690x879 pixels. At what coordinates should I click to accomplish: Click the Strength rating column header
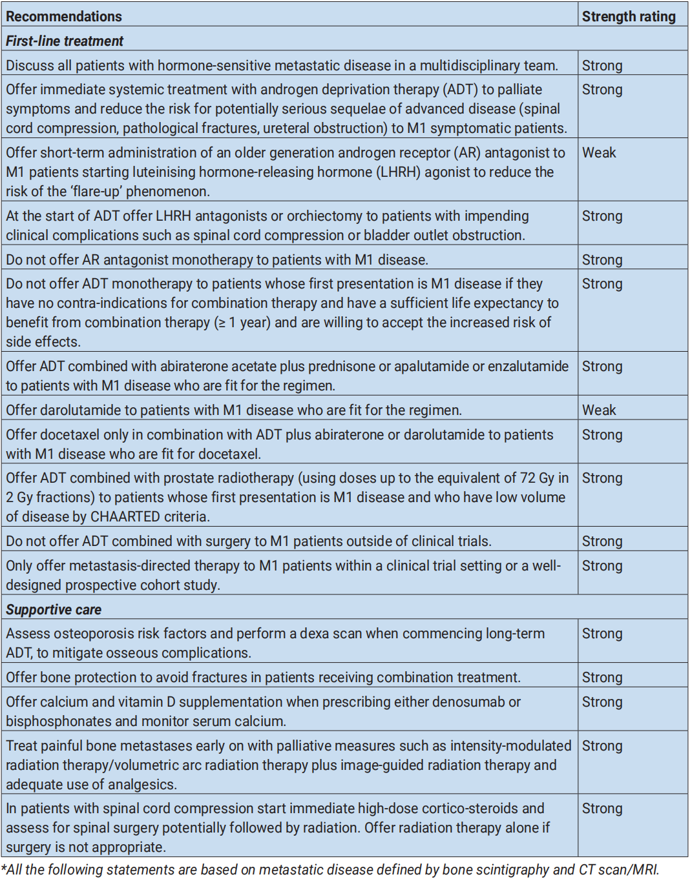[x=628, y=17]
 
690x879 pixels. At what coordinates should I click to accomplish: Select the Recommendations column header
[x=64, y=17]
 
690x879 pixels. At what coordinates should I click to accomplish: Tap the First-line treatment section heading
[x=65, y=41]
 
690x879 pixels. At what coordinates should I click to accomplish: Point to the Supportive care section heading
[x=54, y=610]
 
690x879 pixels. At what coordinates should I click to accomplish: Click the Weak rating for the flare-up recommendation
[x=599, y=153]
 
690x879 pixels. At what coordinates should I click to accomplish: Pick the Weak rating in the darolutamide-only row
[x=599, y=410]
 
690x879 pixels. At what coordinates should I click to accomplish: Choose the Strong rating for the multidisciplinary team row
[x=602, y=66]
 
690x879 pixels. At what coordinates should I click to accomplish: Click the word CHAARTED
[x=125, y=517]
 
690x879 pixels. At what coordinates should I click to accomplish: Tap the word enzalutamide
[x=528, y=367]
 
